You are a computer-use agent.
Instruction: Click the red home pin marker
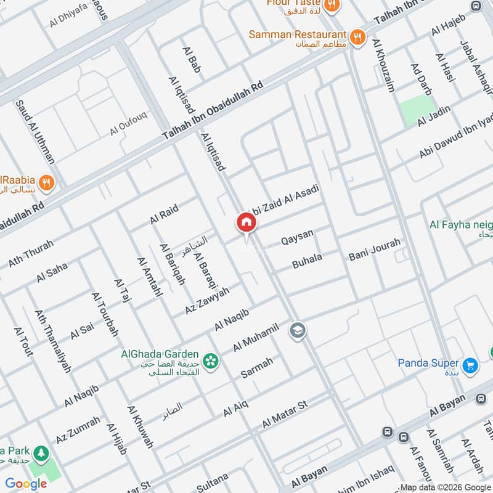click(246, 223)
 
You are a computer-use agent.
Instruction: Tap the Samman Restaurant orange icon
click(357, 38)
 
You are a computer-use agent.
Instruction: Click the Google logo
click(26, 484)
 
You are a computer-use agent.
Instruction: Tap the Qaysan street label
click(297, 236)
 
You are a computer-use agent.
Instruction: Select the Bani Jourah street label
click(374, 249)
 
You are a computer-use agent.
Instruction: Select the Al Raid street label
click(164, 215)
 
